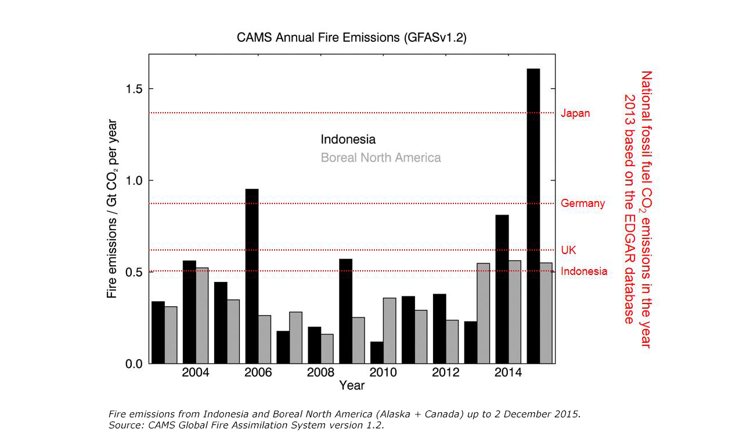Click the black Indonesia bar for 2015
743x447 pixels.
pyautogui.click(x=533, y=216)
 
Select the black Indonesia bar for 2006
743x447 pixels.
pyautogui.click(x=252, y=276)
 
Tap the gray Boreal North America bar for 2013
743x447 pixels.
pyautogui.click(x=484, y=313)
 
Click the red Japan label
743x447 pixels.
pyautogui.click(x=575, y=113)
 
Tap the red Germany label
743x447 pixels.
pyautogui.click(x=583, y=203)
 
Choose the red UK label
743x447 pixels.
pyautogui.click(x=568, y=250)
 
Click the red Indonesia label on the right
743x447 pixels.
pyautogui.click(x=584, y=271)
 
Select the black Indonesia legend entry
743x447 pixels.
pyautogui.click(x=348, y=140)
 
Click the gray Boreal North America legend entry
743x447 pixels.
pyautogui.click(x=381, y=158)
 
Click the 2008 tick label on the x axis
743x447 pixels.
pyautogui.click(x=320, y=373)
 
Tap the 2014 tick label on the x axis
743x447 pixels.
pyautogui.click(x=508, y=373)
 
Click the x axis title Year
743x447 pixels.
pyautogui.click(x=352, y=385)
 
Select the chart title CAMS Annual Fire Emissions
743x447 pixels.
pyautogui.click(x=352, y=38)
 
